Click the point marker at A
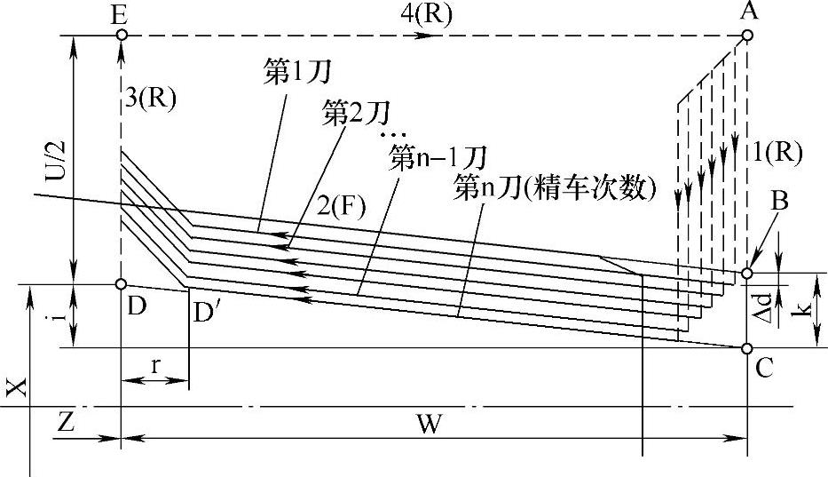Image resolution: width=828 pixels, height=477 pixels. (747, 36)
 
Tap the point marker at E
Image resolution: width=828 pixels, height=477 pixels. (120, 36)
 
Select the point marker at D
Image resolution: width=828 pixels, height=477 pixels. (120, 284)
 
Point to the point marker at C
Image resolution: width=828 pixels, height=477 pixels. (747, 347)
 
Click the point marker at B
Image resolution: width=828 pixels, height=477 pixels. (747, 274)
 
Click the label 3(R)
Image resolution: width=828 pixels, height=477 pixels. (151, 99)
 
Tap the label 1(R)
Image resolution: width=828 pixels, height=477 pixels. (776, 152)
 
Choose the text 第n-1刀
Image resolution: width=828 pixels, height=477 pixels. (438, 159)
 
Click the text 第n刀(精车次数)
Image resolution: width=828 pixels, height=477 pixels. (554, 188)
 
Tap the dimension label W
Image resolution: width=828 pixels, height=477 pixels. (430, 425)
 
